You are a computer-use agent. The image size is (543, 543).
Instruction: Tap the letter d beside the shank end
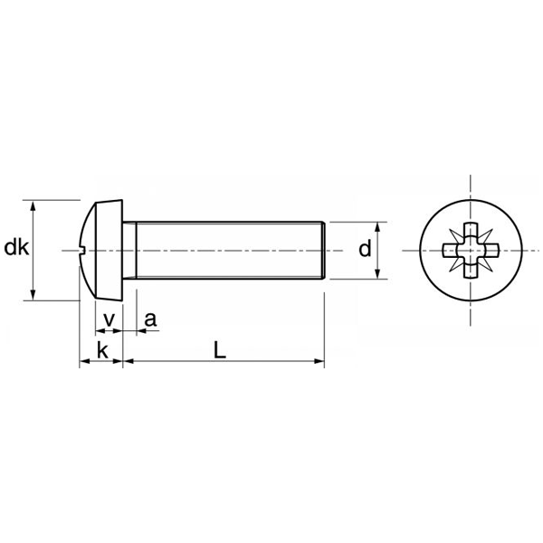(x=365, y=249)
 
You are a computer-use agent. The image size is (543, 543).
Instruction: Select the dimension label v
(x=109, y=319)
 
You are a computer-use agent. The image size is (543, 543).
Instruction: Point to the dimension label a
(x=150, y=319)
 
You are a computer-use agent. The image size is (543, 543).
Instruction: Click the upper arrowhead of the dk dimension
(x=34, y=205)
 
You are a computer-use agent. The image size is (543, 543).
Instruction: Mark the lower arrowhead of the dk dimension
(x=34, y=294)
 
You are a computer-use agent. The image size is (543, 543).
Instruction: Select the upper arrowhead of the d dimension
(x=377, y=226)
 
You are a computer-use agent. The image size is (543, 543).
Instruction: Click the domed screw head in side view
(x=101, y=250)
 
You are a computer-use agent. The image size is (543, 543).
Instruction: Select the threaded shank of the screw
(x=226, y=250)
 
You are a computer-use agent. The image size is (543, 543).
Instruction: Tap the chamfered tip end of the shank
(x=320, y=250)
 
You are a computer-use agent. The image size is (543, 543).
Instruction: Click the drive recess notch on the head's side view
(x=82, y=250)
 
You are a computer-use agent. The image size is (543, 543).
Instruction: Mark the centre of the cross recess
(x=472, y=250)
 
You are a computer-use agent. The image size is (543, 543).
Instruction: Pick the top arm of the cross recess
(x=472, y=229)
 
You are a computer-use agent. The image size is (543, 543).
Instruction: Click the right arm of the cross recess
(x=492, y=250)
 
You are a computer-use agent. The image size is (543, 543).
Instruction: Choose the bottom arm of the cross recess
(x=472, y=271)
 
